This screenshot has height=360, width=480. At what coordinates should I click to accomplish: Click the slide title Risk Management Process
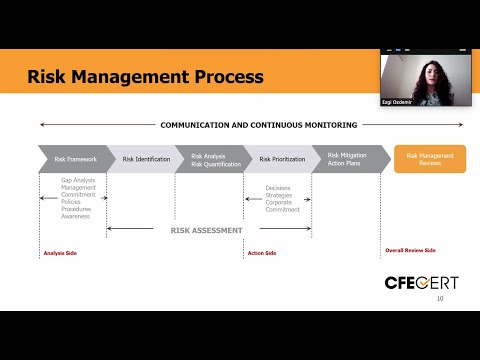tap(145, 76)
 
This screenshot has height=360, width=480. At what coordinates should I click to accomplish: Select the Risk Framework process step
tap(75, 158)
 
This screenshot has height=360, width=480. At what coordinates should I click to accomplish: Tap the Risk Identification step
tap(146, 158)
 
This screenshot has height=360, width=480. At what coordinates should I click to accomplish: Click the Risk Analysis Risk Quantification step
tap(211, 158)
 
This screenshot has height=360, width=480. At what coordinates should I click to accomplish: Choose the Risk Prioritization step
tap(279, 158)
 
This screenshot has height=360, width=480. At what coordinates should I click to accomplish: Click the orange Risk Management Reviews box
tap(429, 158)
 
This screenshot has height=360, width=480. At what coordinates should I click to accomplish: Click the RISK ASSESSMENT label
tap(207, 230)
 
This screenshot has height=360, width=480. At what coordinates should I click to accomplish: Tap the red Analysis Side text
tap(60, 253)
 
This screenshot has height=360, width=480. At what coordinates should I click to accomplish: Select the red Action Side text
tap(262, 253)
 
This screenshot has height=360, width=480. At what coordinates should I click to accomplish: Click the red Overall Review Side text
tap(410, 250)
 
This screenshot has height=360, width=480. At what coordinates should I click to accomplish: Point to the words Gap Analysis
tap(78, 180)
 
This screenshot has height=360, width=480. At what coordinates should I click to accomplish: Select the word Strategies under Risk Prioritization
tap(279, 194)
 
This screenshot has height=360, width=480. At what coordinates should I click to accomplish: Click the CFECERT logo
tap(422, 282)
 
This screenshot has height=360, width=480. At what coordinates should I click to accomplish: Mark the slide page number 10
tap(440, 298)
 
